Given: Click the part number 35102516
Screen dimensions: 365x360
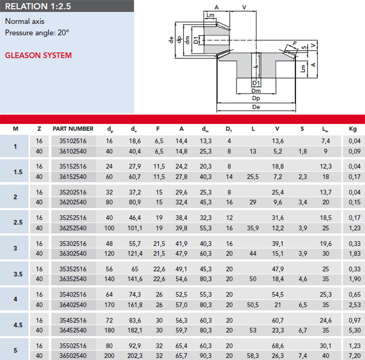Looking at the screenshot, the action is (73, 141).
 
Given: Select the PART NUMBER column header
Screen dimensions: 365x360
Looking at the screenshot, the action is (73, 129).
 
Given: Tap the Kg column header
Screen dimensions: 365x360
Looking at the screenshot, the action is (353, 129).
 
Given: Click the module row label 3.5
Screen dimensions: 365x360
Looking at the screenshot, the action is (18, 274).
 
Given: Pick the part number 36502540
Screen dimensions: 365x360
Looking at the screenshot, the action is (73, 356).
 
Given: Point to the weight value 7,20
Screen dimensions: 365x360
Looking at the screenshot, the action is (354, 356).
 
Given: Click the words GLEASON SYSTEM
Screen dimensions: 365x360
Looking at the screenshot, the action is (38, 55).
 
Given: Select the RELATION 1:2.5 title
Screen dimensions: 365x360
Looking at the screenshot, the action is (38, 6).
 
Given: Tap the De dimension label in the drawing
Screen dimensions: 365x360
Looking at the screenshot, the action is (256, 107).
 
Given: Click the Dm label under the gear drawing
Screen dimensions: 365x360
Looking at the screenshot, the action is (256, 91).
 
